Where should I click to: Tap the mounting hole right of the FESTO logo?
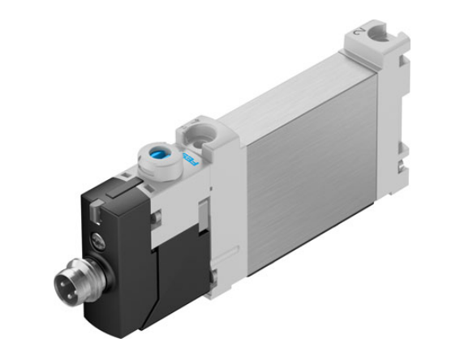tap(196, 130)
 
